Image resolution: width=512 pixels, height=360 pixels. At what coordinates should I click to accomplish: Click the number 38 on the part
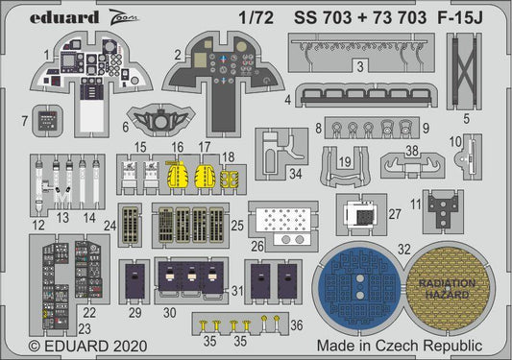411,151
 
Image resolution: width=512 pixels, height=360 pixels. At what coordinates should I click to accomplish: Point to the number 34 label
296,174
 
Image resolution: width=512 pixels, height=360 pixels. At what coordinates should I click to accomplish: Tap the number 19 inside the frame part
344,163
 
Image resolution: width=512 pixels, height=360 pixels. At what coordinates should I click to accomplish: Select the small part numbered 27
367,215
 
